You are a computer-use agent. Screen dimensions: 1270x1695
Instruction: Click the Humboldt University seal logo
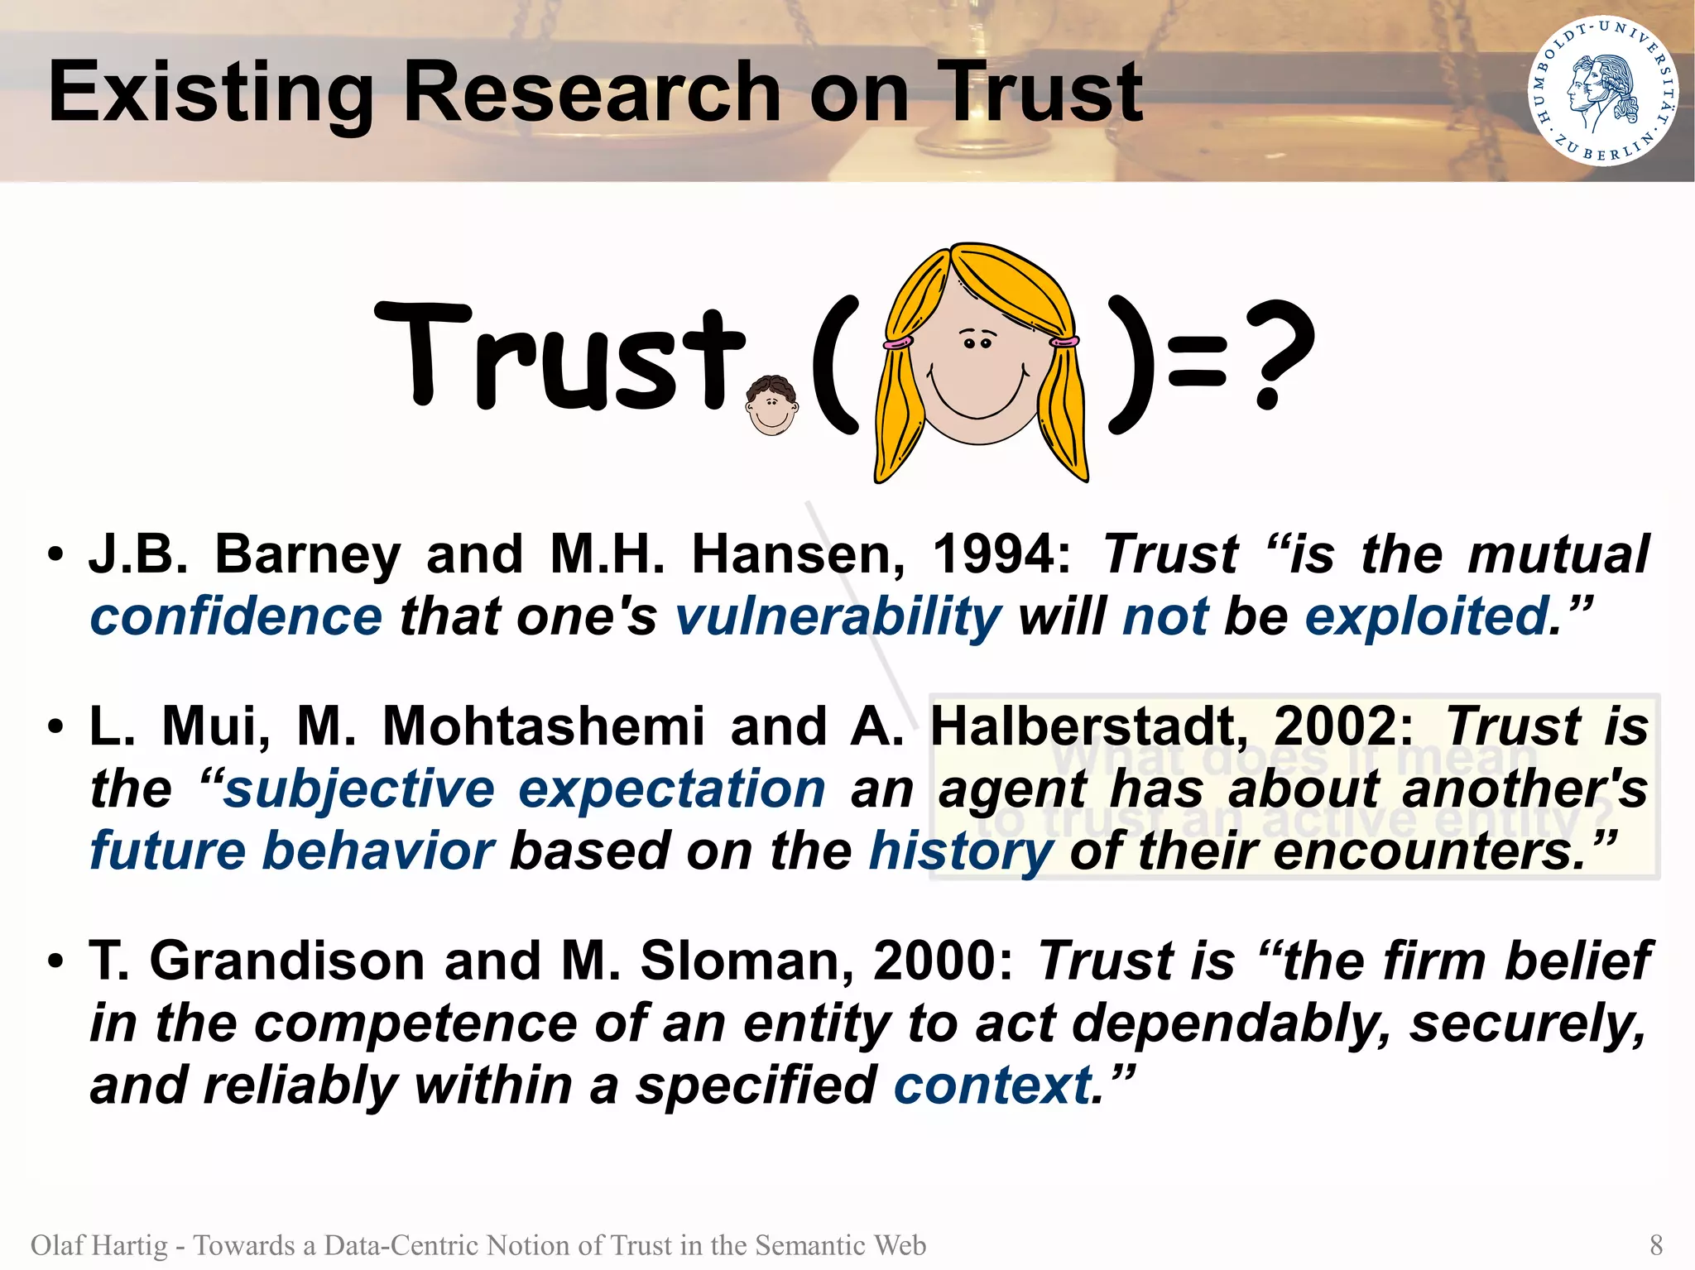[x=1602, y=91]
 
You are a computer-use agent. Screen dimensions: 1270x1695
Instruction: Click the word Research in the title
[x=592, y=93]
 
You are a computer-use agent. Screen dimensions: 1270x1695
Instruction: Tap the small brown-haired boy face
[x=771, y=405]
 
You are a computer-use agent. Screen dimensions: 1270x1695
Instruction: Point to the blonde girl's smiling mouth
[x=977, y=398]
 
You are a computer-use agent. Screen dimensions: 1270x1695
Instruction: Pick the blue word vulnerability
[x=838, y=617]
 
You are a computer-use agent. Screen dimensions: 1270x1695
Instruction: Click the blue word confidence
[x=236, y=617]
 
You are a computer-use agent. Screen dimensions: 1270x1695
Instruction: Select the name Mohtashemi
[x=543, y=726]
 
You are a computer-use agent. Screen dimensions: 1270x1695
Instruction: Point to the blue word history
[x=961, y=851]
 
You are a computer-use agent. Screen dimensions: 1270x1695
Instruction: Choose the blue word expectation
[x=671, y=789]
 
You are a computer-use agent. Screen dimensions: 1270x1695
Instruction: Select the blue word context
[x=992, y=1085]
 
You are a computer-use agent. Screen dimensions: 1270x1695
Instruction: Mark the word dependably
[x=1227, y=1024]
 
